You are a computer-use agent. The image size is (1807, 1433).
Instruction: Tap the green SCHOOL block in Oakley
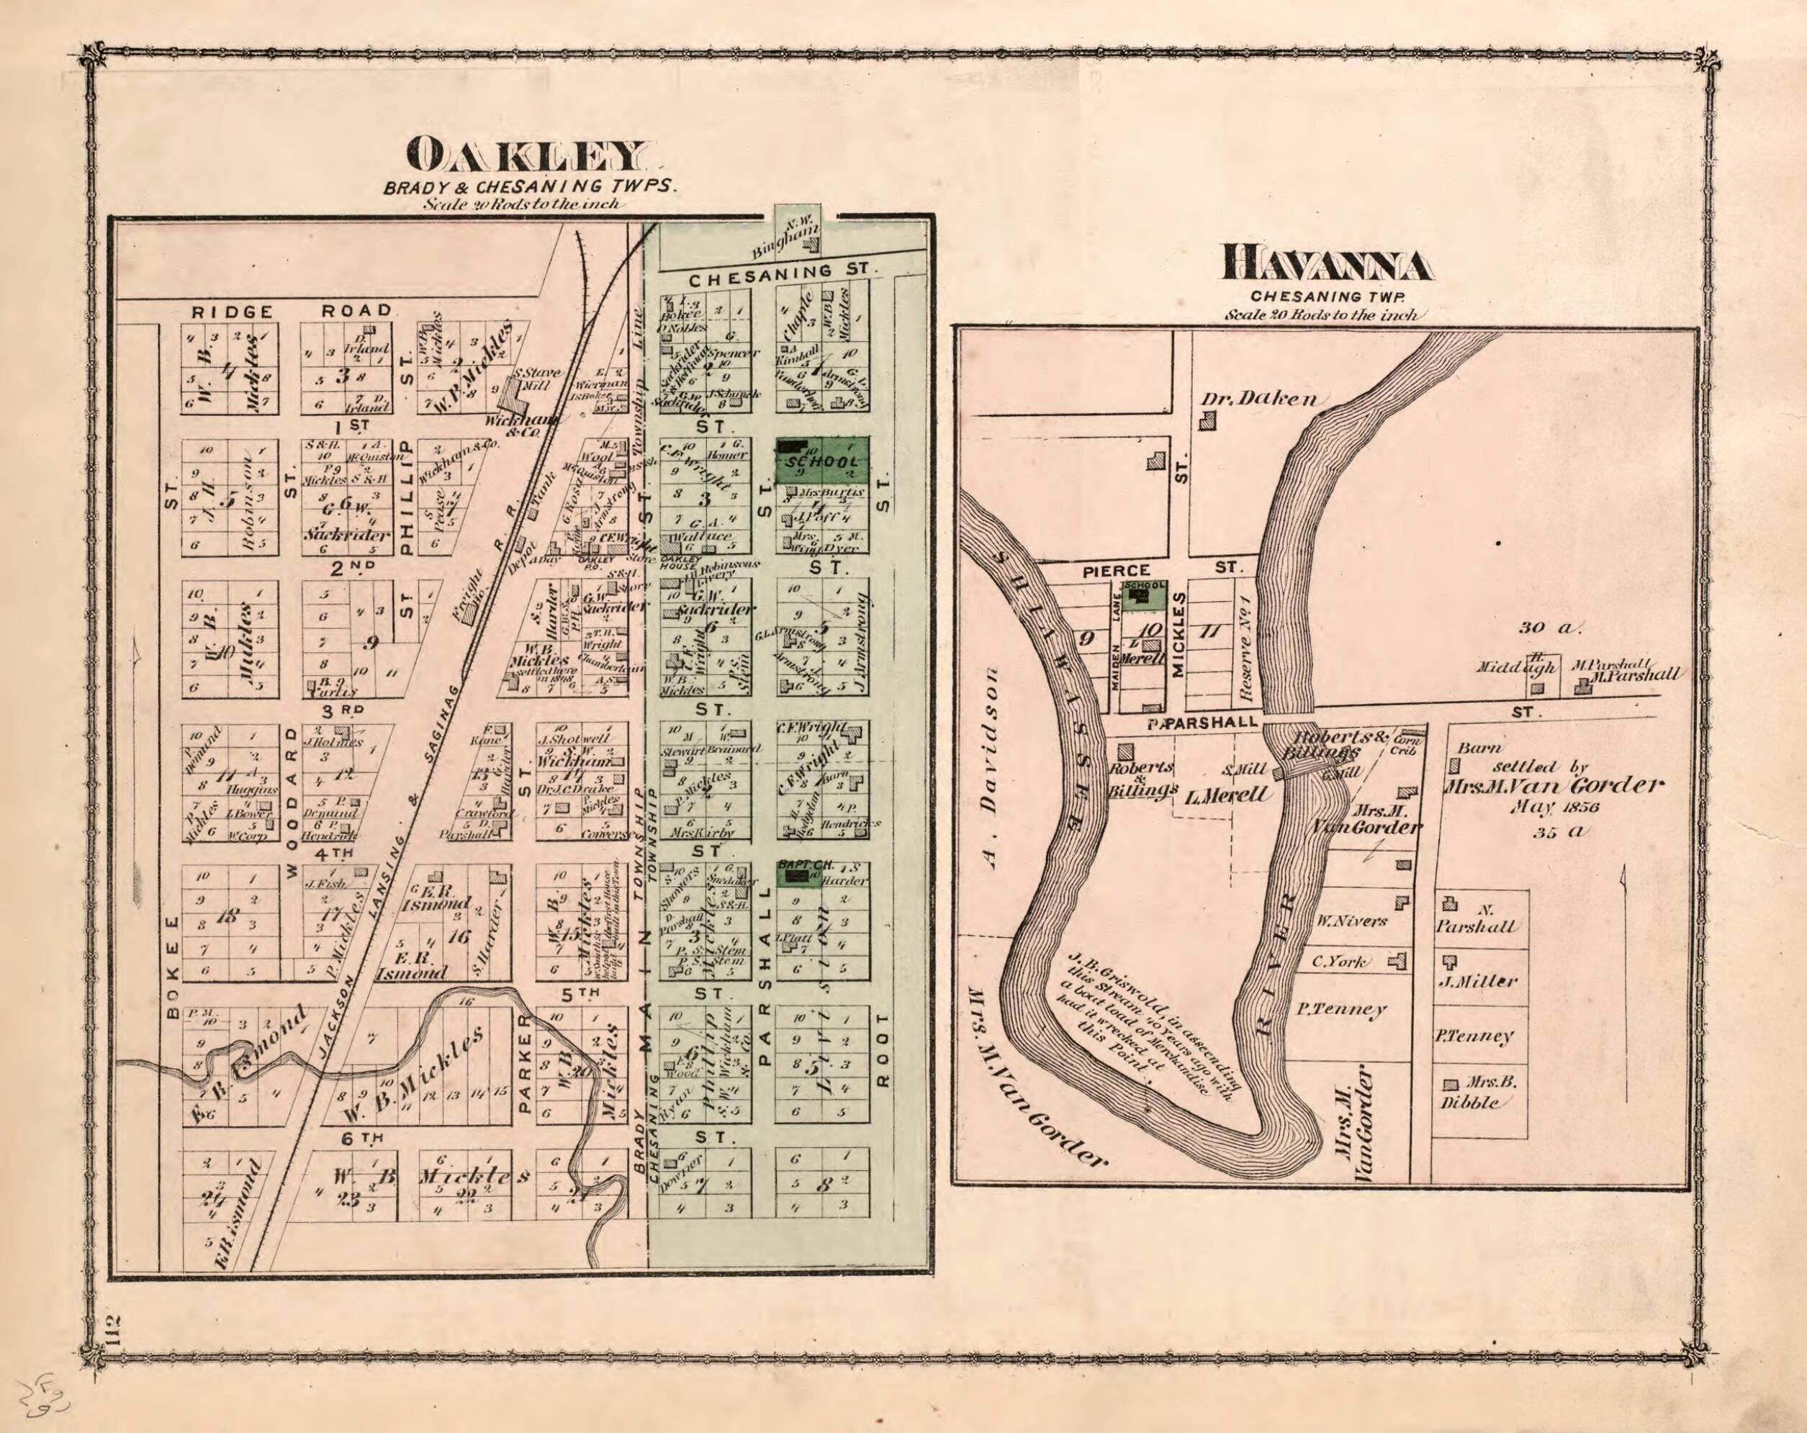pyautogui.click(x=821, y=461)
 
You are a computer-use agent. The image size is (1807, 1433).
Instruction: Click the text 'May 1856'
pyautogui.click(x=1542, y=808)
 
